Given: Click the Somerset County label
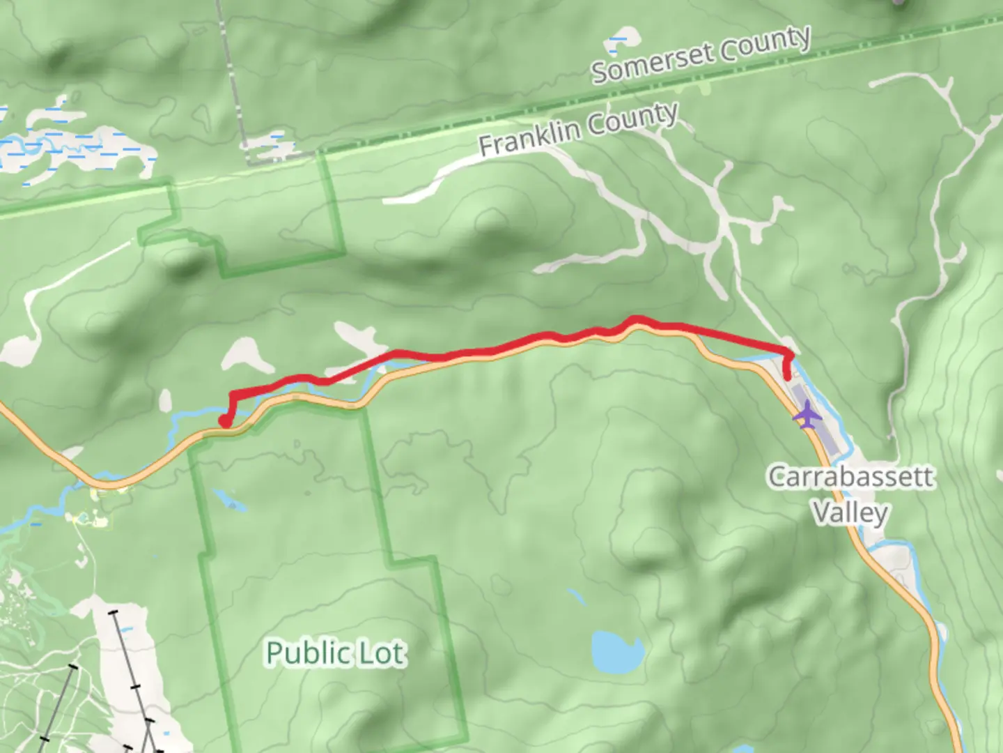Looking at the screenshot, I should (701, 54).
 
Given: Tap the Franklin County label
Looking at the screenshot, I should (578, 130).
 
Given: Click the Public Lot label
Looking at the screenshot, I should (335, 653).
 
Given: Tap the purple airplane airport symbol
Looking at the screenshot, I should (807, 416).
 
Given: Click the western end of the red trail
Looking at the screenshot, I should (225, 421).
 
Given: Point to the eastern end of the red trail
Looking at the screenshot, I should (788, 376).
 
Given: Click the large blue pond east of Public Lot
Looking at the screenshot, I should (616, 650).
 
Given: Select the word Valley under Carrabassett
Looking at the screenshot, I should (850, 513).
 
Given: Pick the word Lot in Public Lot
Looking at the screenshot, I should (381, 653).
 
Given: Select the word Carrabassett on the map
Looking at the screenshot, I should (850, 477).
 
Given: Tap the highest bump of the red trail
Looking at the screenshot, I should (635, 320).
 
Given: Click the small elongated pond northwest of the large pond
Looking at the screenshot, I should (576, 597).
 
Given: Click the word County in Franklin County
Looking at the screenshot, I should (632, 119).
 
